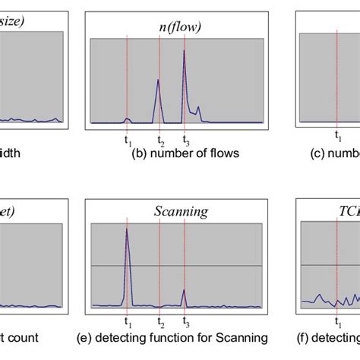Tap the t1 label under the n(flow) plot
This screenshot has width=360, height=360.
point(127,140)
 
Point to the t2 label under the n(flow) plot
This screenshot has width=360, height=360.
point(159,140)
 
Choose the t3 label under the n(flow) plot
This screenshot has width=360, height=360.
point(185,140)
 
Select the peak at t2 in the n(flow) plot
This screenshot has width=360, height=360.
point(159,83)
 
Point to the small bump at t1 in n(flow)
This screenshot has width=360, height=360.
point(128,118)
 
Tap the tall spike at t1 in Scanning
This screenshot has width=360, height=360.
point(127,230)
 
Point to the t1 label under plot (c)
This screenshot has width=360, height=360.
point(339,140)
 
